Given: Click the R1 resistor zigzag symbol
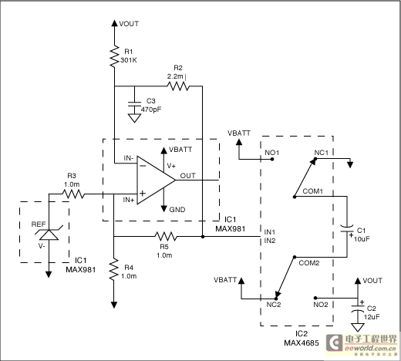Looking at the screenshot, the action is [114, 56].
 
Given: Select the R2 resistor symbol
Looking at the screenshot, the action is [178, 86].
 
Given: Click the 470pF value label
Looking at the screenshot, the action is [151, 110].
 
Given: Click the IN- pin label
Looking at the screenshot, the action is [129, 158].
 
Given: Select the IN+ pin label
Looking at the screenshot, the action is [129, 200].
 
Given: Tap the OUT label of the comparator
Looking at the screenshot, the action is [188, 176].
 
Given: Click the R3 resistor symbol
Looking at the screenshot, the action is [73, 194].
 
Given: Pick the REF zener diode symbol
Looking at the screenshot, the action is [49, 233].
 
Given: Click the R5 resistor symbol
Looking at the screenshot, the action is [166, 236].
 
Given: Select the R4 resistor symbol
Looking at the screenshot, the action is [114, 269].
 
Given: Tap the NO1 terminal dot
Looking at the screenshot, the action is [272, 159].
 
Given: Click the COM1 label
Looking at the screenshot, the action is [312, 191].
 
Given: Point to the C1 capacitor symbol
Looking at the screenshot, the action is [347, 229].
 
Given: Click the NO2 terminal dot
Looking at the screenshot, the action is [315, 298].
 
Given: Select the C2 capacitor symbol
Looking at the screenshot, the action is [358, 308].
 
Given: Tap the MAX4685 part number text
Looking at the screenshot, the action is [302, 342].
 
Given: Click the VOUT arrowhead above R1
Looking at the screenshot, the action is [114, 23].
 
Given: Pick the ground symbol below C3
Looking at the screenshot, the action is [134, 118].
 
